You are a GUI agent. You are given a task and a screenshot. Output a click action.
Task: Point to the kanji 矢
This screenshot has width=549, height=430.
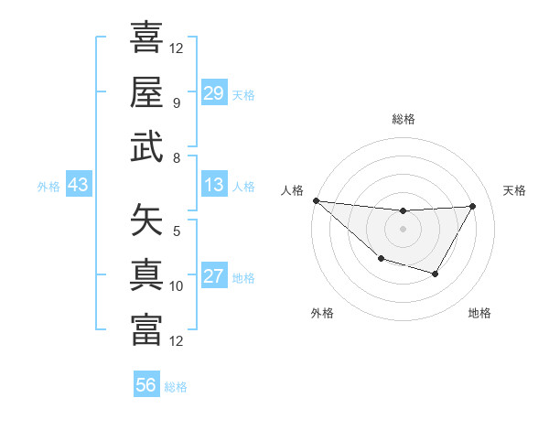pos(146,220)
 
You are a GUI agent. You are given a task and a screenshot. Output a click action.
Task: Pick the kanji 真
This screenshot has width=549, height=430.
pos(146,274)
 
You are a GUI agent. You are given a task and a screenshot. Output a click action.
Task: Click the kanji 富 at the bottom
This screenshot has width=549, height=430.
pos(146,329)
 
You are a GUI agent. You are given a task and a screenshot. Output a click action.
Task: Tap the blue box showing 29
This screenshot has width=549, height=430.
pos(214,93)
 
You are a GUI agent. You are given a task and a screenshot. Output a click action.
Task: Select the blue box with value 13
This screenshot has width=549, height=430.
pos(214,186)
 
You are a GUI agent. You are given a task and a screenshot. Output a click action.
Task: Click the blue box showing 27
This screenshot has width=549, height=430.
pos(214,277)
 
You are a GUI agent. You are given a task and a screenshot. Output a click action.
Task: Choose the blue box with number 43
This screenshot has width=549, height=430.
pos(79,186)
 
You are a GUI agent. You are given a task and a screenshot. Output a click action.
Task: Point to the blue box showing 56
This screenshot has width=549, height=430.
pos(146,385)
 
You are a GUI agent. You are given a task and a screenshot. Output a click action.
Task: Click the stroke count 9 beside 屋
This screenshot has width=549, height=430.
pos(176,102)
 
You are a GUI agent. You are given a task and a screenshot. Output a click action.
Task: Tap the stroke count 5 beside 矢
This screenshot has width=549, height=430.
pos(176,231)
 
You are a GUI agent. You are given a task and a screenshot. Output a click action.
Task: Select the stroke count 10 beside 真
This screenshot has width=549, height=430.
pos(177,286)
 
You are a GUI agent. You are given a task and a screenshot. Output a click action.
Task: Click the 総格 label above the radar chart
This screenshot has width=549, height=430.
pos(403,120)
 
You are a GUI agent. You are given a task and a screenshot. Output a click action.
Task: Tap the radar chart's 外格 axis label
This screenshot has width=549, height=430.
pos(322,314)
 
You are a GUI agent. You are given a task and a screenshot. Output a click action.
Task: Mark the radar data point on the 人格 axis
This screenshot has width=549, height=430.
pos(316,200)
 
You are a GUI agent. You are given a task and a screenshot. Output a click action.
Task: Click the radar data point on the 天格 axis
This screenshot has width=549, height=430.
pos(472,206)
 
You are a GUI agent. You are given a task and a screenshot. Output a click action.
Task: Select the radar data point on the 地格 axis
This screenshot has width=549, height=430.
pos(436,274)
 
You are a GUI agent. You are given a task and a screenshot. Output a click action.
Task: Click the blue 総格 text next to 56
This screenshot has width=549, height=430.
pos(176,387)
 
